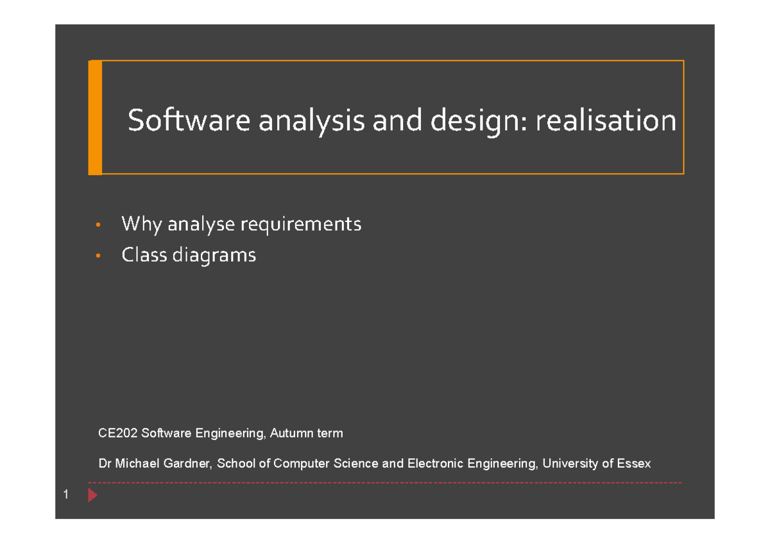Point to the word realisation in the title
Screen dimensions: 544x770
(x=606, y=121)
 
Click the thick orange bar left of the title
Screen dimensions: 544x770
(x=95, y=117)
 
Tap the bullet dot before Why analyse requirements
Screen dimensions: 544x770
(x=97, y=225)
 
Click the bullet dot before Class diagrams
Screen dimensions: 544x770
(x=97, y=257)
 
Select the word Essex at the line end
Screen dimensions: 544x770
(x=633, y=463)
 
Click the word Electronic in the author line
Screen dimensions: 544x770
(x=436, y=463)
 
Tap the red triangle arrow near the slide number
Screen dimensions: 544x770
(x=92, y=495)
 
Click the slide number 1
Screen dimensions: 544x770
(x=65, y=495)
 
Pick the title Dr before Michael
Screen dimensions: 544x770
(x=104, y=463)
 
